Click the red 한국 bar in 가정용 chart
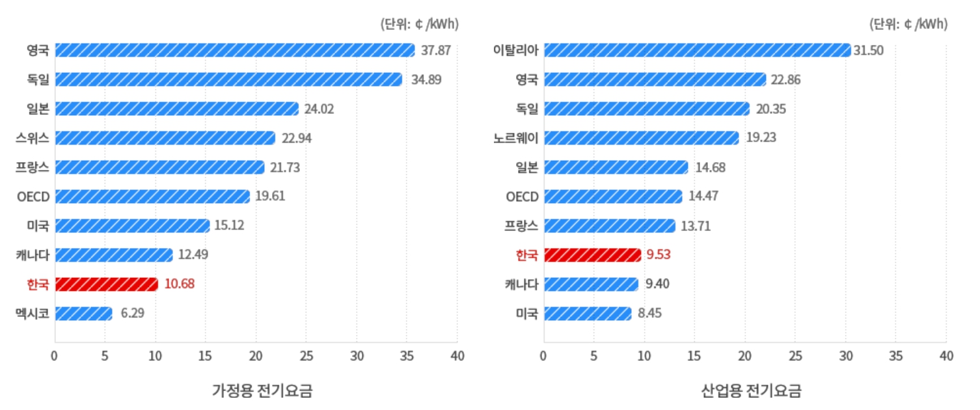(107, 284)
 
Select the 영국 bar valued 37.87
(235, 50)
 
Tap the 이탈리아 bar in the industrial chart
(697, 50)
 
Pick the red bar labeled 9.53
(592, 254)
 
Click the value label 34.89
(426, 79)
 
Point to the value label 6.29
(132, 313)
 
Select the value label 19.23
(761, 138)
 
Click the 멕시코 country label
(33, 313)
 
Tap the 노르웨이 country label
(515, 138)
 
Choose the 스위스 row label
(33, 138)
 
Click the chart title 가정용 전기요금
(262, 390)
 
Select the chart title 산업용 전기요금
(751, 390)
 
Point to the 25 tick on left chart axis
(306, 357)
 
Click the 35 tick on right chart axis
(895, 357)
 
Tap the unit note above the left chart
(419, 24)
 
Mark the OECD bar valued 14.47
(613, 196)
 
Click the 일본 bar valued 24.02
(177, 109)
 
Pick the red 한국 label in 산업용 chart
(526, 254)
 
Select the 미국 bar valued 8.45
(588, 313)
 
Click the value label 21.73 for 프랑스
(285, 167)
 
